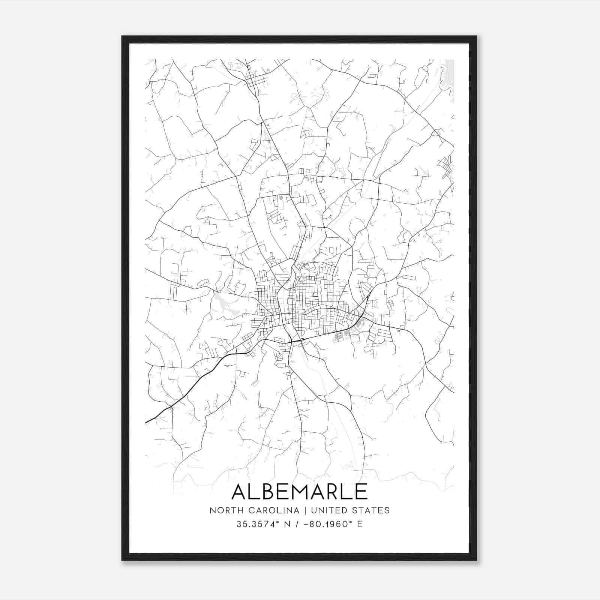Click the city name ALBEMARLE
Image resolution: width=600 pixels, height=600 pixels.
click(x=300, y=491)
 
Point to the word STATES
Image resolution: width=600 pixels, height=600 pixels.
click(x=372, y=510)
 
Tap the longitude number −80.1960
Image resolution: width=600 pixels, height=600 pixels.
click(x=328, y=524)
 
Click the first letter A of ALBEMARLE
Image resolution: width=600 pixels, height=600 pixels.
click(x=240, y=491)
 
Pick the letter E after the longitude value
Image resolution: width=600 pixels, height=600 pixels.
click(x=360, y=524)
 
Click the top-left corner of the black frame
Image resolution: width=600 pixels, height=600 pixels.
click(x=123, y=37)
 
